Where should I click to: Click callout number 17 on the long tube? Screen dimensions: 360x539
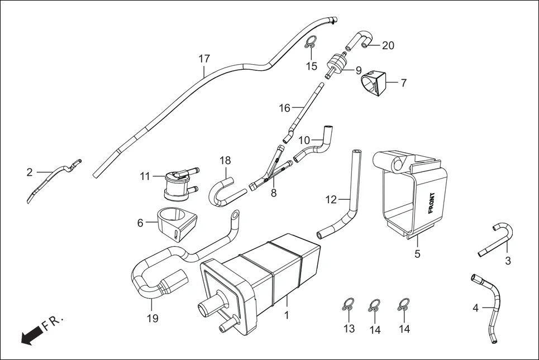(204, 59)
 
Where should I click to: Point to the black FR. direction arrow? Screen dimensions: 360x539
(32, 335)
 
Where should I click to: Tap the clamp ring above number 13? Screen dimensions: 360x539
(348, 305)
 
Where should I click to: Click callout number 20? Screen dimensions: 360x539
(388, 46)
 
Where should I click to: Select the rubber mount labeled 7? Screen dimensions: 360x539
(374, 83)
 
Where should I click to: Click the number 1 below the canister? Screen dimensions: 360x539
(287, 315)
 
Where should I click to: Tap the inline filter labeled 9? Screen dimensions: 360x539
(337, 62)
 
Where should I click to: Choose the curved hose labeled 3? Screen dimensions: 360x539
(499, 239)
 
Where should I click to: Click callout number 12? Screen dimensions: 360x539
(331, 199)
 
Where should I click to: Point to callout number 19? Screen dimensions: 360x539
(152, 318)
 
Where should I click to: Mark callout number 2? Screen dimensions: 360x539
(30, 172)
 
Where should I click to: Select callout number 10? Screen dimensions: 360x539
(304, 139)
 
